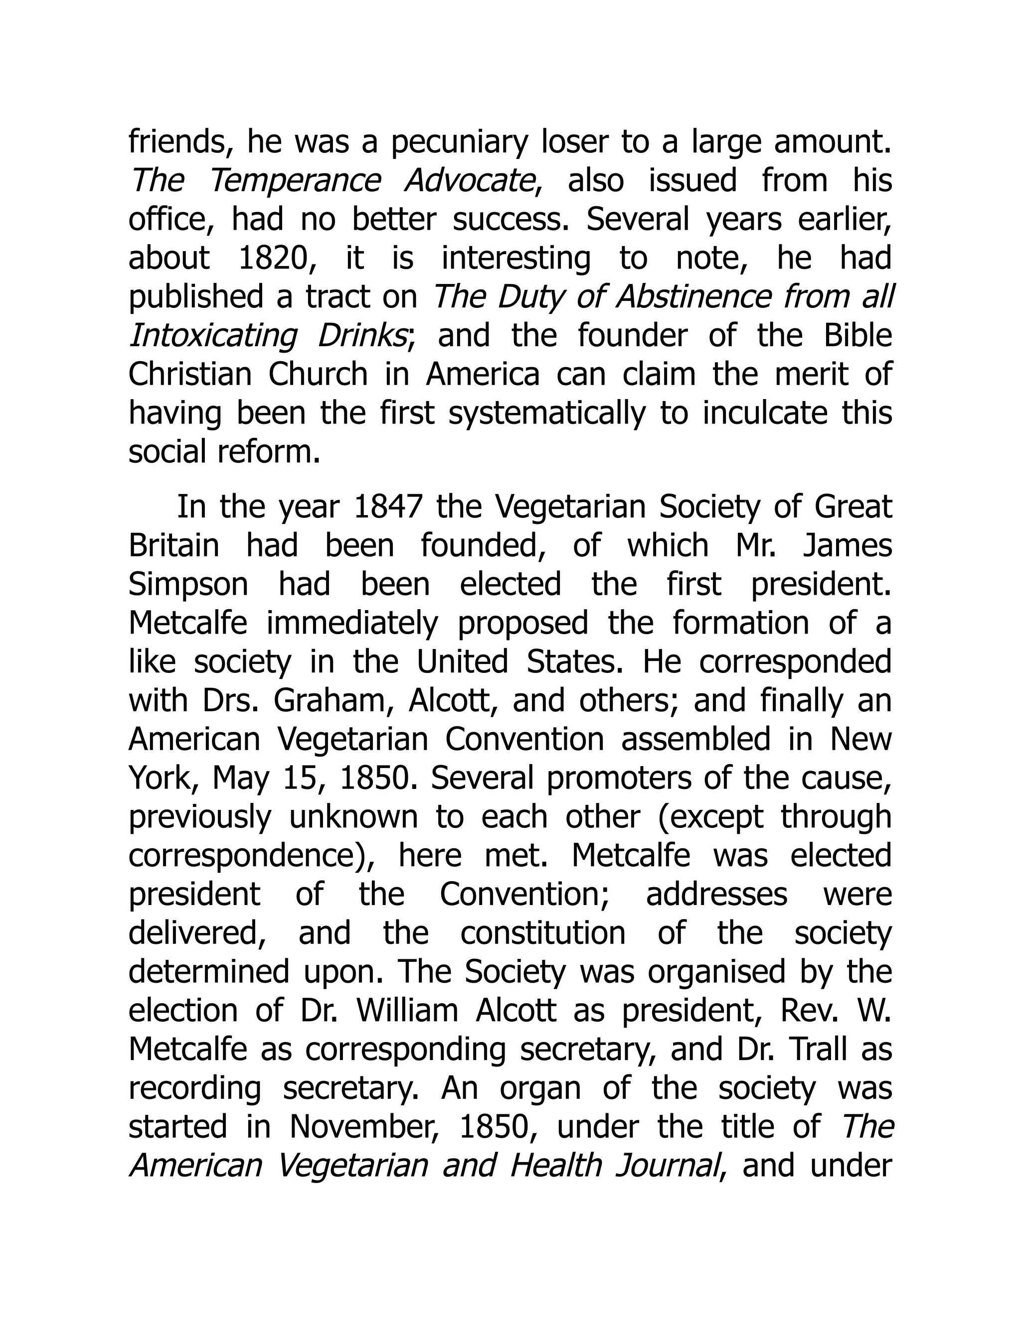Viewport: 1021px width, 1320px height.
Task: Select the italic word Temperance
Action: click(x=295, y=181)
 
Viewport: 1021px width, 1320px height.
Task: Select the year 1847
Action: click(x=387, y=507)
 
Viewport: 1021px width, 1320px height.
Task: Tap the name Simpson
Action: click(x=188, y=584)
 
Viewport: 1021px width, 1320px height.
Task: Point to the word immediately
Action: click(x=352, y=624)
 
